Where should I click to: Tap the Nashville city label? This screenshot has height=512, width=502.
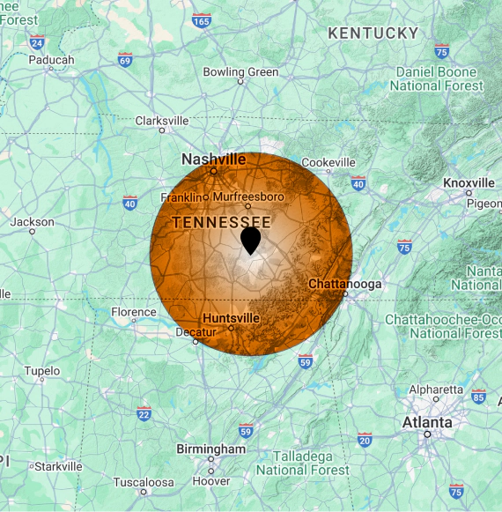click(x=213, y=160)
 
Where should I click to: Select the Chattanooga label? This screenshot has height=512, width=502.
click(x=344, y=284)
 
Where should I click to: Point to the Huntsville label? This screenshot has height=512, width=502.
click(x=231, y=317)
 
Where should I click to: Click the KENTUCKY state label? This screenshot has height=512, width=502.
click(x=373, y=33)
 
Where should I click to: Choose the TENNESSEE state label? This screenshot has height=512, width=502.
click(x=221, y=223)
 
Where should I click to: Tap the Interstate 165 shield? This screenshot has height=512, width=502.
click(x=202, y=19)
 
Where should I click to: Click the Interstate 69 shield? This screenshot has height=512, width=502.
click(x=126, y=59)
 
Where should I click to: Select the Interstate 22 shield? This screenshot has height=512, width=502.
click(x=144, y=413)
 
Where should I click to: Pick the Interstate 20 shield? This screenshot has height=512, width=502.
click(x=365, y=440)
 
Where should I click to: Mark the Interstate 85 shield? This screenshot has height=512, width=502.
click(x=478, y=397)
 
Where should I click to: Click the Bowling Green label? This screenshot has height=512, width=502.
click(x=240, y=72)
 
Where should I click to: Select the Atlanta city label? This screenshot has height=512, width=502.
click(x=427, y=422)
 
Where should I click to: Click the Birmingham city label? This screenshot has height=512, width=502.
click(x=211, y=449)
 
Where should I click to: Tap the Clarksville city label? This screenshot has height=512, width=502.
click(x=161, y=121)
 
